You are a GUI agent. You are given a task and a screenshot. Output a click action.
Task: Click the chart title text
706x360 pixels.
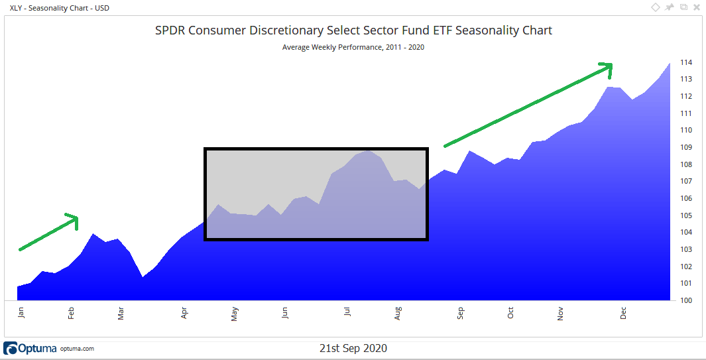[x=353, y=30]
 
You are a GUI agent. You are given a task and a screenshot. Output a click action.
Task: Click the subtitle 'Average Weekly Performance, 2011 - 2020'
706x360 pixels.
[x=353, y=47]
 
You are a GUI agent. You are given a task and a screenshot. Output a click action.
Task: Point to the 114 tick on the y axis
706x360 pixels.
[x=685, y=62]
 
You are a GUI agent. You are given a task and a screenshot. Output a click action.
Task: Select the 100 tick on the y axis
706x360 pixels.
[x=685, y=300]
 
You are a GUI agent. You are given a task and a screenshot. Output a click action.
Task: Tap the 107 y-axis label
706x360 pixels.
[x=685, y=181]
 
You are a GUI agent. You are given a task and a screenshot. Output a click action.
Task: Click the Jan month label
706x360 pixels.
[x=21, y=312]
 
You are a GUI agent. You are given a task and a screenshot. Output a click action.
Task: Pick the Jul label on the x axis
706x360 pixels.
[x=347, y=312]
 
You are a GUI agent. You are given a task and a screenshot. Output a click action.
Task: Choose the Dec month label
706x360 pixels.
[x=623, y=312]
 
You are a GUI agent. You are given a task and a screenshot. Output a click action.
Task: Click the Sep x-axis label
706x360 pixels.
[x=459, y=312]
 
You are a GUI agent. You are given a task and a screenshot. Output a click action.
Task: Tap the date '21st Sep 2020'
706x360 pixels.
[x=353, y=348]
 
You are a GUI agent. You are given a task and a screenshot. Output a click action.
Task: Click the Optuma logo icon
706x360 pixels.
[x=11, y=348]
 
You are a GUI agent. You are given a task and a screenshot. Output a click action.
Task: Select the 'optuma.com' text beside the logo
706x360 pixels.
[x=77, y=349]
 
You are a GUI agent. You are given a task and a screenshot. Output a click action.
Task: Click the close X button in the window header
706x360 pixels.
[x=696, y=7]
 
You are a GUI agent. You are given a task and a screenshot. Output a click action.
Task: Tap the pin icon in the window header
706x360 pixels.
[x=670, y=7]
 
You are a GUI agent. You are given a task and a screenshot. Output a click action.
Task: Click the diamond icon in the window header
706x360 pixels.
[x=656, y=7]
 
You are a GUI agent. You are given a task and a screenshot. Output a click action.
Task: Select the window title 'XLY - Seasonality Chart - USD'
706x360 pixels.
[x=60, y=8]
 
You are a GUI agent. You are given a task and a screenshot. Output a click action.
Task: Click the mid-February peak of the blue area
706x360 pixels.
[x=93, y=234]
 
